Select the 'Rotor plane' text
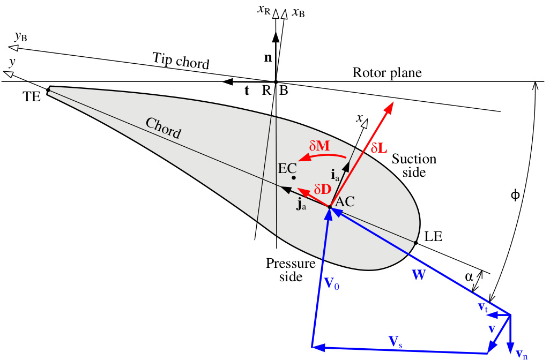point(387,73)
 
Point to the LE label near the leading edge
point(433,236)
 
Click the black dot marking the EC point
point(294,177)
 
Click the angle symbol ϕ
point(515,195)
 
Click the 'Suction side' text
point(414,166)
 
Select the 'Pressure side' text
point(284,270)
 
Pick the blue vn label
point(521,353)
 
